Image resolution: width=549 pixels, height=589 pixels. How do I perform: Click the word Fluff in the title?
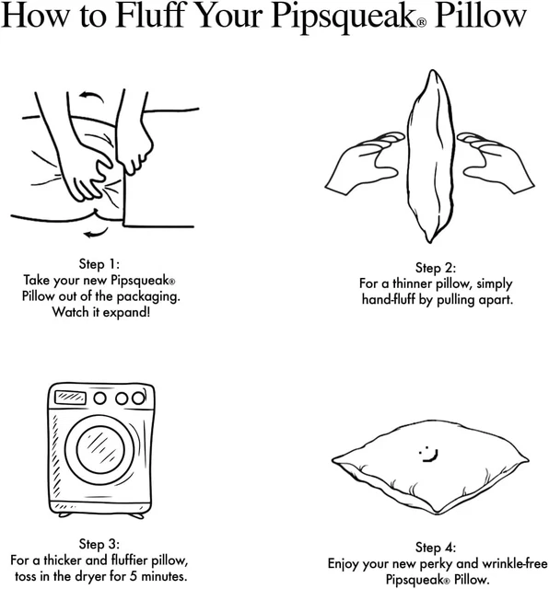(150, 16)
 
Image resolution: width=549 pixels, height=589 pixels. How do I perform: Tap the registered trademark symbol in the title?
(422, 22)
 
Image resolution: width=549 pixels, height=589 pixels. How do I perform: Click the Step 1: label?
(99, 264)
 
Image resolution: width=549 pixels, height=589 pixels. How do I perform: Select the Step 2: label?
(436, 268)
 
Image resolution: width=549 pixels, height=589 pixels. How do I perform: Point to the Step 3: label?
(99, 544)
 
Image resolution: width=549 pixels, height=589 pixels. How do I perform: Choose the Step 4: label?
(436, 548)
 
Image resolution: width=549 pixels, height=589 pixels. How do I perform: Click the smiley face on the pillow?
(428, 454)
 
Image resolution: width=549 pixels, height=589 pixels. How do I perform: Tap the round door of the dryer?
(100, 448)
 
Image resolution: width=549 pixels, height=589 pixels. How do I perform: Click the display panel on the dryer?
(70, 398)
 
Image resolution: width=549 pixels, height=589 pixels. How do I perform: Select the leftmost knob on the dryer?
(99, 398)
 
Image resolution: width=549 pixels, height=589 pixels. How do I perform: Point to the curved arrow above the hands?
(91, 96)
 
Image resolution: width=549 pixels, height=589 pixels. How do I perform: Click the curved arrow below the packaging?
(97, 233)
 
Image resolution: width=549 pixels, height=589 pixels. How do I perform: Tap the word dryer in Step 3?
(88, 576)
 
